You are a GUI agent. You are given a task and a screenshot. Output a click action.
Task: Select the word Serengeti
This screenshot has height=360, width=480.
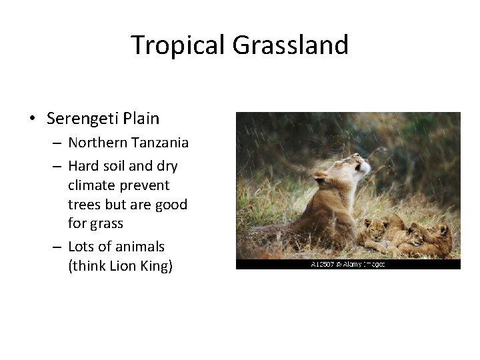coord(83,119)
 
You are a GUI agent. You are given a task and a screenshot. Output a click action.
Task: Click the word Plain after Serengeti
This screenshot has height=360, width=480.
coord(141,119)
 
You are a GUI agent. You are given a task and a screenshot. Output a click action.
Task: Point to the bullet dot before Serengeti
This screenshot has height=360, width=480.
coord(32,119)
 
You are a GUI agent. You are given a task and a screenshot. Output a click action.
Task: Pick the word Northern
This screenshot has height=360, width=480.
coord(96,143)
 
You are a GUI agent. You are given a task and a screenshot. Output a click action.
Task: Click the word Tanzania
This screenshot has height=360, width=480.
coord(158,143)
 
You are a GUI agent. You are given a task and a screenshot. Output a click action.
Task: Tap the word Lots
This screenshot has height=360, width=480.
coord(82,246)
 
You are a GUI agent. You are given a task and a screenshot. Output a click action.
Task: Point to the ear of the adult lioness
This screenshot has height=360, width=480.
coord(321,175)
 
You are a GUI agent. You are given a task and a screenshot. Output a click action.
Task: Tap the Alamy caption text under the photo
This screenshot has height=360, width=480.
coord(347,265)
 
